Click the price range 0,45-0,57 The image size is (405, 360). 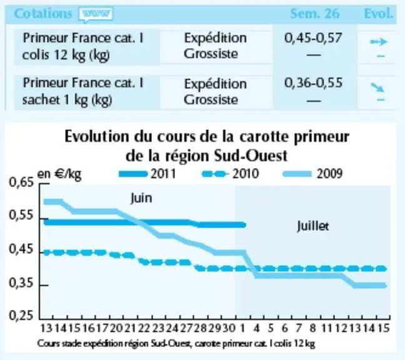(313, 38)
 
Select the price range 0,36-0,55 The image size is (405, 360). (313, 83)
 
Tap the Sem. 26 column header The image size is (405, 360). (315, 14)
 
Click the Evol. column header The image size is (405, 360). (379, 14)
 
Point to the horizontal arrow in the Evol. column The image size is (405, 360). (379, 42)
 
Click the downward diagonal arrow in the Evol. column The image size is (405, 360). (377, 87)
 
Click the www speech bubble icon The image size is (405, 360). (96, 15)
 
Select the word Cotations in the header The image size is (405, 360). (43, 14)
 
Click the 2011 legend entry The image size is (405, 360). (147, 174)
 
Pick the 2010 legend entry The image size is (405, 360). (230, 174)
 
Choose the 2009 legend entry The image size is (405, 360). (312, 174)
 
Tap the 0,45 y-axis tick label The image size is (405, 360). (21, 249)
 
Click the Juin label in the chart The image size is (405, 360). (141, 199)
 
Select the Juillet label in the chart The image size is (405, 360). (313, 226)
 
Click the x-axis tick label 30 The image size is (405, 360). (229, 328)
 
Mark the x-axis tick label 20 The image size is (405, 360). (116, 328)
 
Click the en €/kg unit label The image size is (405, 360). (59, 174)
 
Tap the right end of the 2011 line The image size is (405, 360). (245, 225)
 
